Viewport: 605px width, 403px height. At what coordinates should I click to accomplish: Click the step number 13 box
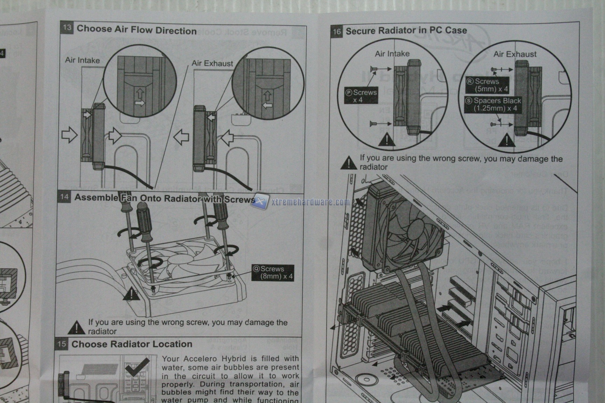[x=67, y=28]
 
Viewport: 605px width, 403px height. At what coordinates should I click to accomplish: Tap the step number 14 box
[x=64, y=197]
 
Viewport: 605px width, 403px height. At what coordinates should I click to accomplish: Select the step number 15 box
[x=62, y=344]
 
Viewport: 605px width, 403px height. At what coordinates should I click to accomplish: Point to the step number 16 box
[x=336, y=31]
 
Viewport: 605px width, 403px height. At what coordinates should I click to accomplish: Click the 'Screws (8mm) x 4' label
[x=273, y=273]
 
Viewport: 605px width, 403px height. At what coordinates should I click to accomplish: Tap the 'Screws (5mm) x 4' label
[x=487, y=85]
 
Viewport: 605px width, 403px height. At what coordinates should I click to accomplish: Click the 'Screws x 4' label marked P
[x=361, y=96]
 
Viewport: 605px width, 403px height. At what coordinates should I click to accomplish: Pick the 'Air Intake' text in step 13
[x=82, y=60]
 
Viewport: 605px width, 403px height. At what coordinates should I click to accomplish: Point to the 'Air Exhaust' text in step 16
[x=515, y=54]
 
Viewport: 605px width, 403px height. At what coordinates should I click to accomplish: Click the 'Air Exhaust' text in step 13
[x=212, y=63]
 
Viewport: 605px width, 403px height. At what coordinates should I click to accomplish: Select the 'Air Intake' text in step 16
[x=392, y=54]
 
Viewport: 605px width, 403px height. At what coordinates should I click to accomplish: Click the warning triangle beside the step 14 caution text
[x=76, y=327]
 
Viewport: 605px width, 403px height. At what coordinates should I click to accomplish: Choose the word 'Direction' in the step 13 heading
[x=176, y=31]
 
